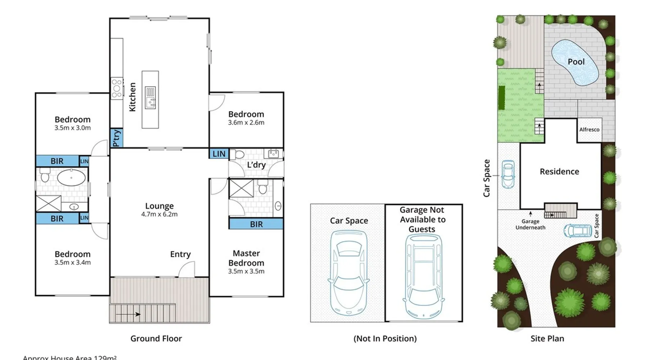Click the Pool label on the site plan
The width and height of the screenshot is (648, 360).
point(576,62)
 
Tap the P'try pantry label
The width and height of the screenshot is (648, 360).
point(116,138)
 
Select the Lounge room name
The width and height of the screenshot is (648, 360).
point(159,206)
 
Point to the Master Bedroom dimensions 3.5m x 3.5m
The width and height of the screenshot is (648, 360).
point(246,271)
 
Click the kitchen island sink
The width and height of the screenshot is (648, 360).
point(150,97)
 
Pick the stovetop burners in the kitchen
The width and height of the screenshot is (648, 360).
point(116,89)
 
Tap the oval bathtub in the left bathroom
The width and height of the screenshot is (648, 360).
point(71,178)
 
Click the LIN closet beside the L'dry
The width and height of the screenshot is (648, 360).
point(219,154)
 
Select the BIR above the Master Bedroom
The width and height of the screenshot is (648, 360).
point(256,224)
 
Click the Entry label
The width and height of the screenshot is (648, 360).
point(180,254)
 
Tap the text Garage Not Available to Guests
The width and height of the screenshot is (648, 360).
point(423,220)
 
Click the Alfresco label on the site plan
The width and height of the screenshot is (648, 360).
point(589,130)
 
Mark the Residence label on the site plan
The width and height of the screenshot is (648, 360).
point(559,172)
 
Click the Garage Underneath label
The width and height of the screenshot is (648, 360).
point(530,224)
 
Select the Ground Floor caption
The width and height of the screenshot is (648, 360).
point(156,338)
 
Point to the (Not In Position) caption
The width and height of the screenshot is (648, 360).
point(385,338)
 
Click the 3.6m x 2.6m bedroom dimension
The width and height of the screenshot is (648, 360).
point(246,123)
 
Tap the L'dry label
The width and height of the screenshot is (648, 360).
point(256,165)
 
